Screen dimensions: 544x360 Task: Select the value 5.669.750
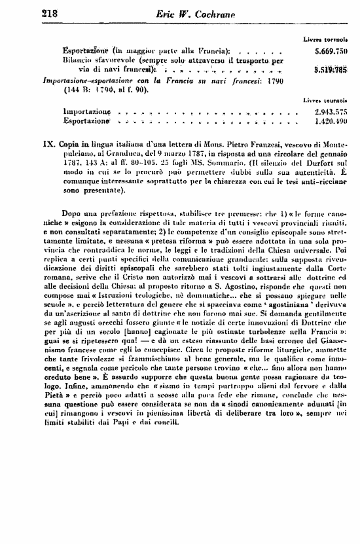click(x=331, y=50)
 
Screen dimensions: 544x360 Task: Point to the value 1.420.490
click(x=331, y=122)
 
